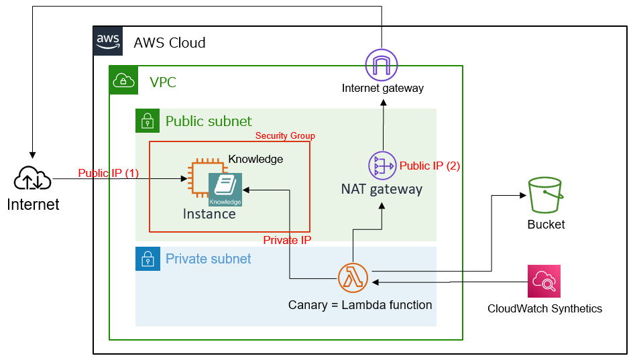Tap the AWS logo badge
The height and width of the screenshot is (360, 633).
pos(108,42)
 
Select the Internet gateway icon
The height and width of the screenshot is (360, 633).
pos(382,66)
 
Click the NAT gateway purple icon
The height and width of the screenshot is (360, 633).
pos(382,166)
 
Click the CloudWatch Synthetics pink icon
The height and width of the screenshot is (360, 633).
pos(544,282)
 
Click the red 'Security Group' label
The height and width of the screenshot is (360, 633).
pos(285,136)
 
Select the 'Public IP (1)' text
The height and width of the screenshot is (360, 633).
pos(109,173)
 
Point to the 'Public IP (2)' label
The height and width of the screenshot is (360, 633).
pos(430,166)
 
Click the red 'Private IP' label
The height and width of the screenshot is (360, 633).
pos(287,240)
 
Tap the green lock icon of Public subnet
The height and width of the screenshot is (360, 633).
pos(147,121)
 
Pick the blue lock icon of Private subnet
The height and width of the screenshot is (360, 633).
pos(147,259)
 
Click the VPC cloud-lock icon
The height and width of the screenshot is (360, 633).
pos(123,80)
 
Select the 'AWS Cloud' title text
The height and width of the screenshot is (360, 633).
pos(170,43)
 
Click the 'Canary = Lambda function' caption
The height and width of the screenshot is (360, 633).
pos(360,305)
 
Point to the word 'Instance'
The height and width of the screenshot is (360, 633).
pos(209,214)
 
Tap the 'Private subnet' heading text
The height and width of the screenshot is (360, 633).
pos(209,259)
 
